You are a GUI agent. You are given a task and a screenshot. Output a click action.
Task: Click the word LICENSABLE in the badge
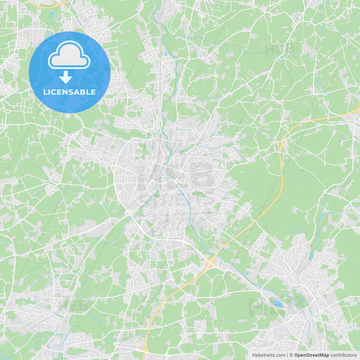[70, 91]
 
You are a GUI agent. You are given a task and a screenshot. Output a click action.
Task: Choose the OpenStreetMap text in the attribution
[312, 355]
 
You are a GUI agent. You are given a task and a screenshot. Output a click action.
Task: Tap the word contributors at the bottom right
[344, 355]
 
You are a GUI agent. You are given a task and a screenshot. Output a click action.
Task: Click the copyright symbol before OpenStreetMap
[291, 355]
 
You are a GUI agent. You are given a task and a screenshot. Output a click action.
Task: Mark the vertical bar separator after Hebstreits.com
[287, 355]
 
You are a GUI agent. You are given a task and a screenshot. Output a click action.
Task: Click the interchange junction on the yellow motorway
[209, 261]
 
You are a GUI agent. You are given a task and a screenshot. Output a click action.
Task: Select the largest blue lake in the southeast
[278, 303]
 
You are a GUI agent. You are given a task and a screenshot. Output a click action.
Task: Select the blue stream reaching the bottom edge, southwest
[63, 354]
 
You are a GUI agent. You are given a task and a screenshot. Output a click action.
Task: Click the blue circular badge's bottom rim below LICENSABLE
[70, 110]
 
